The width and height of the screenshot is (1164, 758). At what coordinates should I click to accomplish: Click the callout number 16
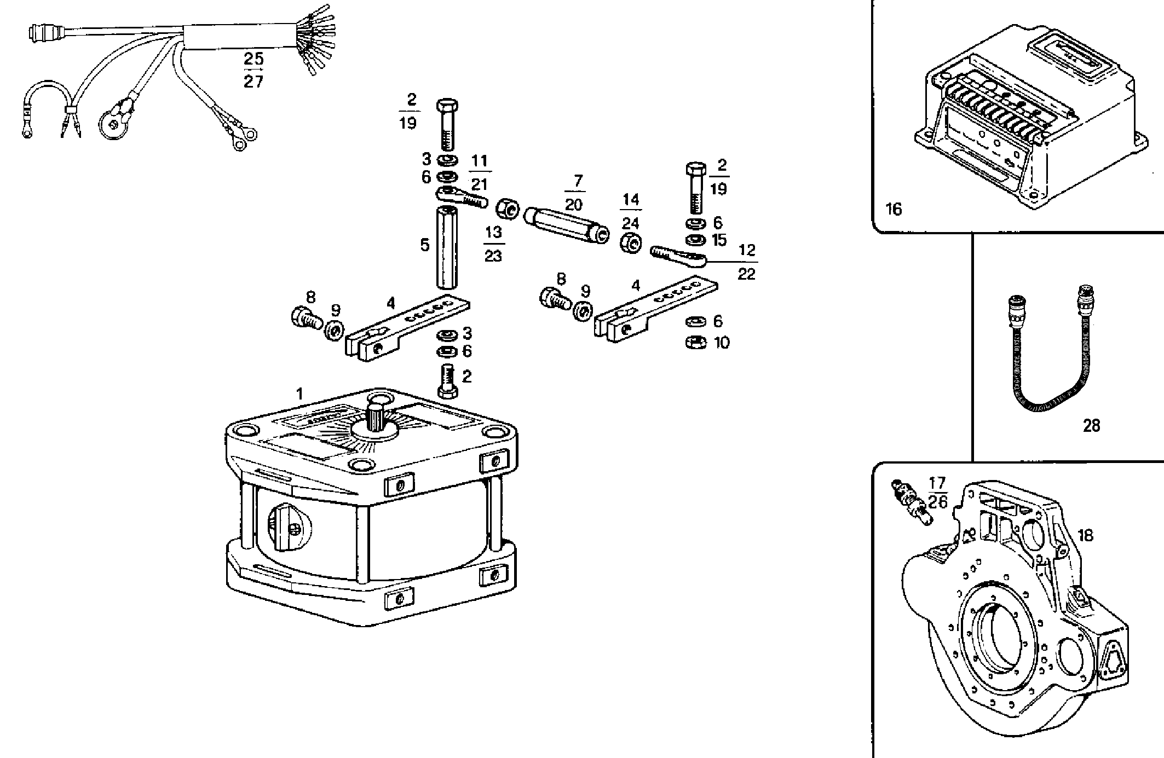893,209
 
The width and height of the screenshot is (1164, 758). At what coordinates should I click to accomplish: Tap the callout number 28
1091,425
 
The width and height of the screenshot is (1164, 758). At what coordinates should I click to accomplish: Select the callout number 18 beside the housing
1085,535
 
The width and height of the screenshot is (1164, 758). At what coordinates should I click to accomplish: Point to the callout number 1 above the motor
299,394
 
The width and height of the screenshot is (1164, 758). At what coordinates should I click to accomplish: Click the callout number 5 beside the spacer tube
425,245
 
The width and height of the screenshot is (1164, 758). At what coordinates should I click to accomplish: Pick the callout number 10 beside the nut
722,343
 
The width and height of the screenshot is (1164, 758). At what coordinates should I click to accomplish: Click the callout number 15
719,240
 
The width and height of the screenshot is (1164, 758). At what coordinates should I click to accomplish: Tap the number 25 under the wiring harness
253,59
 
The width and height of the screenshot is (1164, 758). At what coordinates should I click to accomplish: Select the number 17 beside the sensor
937,483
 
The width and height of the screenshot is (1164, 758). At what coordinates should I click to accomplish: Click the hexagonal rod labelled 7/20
567,224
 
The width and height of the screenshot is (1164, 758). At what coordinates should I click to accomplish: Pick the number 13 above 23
493,232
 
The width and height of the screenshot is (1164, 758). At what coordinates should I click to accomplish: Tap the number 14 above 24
630,200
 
